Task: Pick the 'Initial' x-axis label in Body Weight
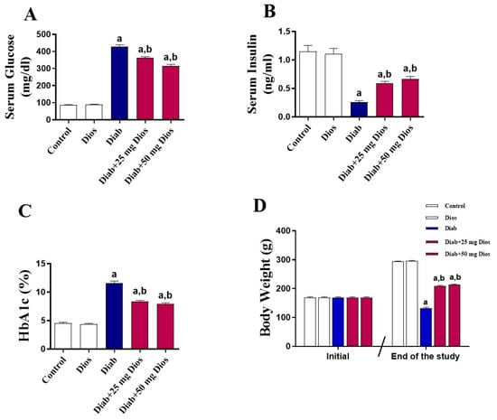tap(338, 358)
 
